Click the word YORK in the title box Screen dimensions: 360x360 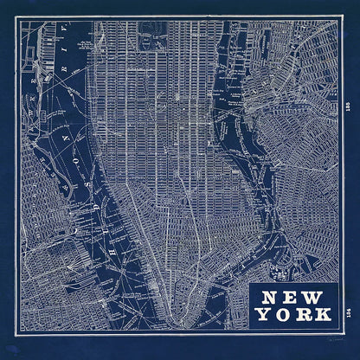tap(293, 314)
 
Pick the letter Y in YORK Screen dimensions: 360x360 tap(262, 314)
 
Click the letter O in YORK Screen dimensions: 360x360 tap(283, 314)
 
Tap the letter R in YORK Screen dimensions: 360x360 tap(304, 314)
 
